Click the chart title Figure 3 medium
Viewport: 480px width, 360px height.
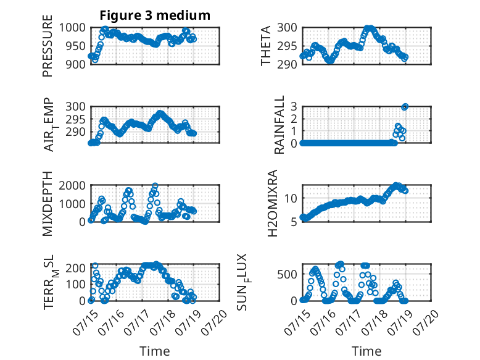click(x=155, y=15)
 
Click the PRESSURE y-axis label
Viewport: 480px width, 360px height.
click(x=48, y=46)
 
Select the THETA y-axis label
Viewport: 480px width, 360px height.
click(x=266, y=46)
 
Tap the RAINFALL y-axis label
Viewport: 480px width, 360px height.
click(x=279, y=125)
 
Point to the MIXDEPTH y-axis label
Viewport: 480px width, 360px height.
click(x=48, y=203)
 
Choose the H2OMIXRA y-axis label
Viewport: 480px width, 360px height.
click(x=272, y=203)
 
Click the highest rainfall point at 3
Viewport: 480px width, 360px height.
click(x=405, y=107)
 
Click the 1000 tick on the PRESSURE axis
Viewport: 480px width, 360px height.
click(x=72, y=28)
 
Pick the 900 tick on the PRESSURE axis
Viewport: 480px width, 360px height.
click(x=76, y=64)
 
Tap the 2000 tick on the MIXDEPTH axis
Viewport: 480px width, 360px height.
click(x=72, y=185)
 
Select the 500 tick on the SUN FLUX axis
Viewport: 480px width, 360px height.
click(x=288, y=274)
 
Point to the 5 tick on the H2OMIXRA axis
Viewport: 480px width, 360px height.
click(x=294, y=222)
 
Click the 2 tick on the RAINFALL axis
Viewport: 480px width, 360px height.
click(x=294, y=119)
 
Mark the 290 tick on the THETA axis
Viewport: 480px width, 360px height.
click(x=288, y=64)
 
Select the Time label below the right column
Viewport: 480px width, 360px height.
click(x=366, y=351)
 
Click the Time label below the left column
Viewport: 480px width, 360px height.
click(x=155, y=351)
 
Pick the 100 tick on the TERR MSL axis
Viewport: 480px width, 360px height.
click(x=76, y=284)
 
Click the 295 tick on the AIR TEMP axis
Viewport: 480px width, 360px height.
click(x=76, y=120)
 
